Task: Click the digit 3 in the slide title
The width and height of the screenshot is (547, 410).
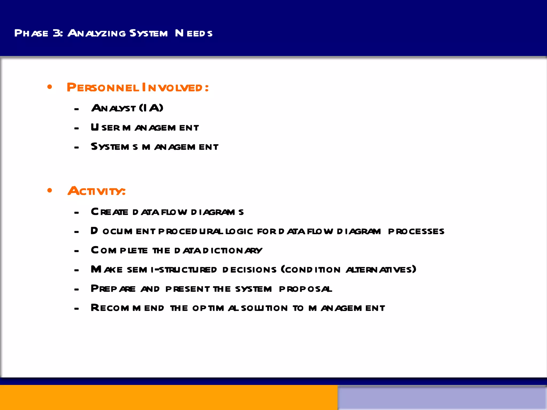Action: (x=57, y=33)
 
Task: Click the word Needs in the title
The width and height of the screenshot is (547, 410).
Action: (x=194, y=33)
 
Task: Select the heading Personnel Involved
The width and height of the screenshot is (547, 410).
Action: (x=138, y=88)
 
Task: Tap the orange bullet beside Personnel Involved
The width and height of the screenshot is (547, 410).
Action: (x=50, y=87)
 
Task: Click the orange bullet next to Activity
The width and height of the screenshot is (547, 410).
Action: (x=50, y=190)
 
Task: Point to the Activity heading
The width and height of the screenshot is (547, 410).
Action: (x=96, y=191)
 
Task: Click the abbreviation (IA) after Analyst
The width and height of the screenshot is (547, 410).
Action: (x=151, y=108)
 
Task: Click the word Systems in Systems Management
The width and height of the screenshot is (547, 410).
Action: (x=114, y=147)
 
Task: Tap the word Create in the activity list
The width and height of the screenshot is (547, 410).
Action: (x=110, y=212)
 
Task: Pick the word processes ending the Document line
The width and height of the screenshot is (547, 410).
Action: (x=416, y=231)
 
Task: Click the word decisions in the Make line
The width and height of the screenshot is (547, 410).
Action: (x=249, y=270)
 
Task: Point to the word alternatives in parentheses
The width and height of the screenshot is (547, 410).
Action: (x=381, y=270)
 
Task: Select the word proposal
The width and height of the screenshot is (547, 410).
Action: (x=306, y=289)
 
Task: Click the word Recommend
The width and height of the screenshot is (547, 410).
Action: (x=127, y=308)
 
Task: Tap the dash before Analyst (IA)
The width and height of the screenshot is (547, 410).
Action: (x=77, y=109)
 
